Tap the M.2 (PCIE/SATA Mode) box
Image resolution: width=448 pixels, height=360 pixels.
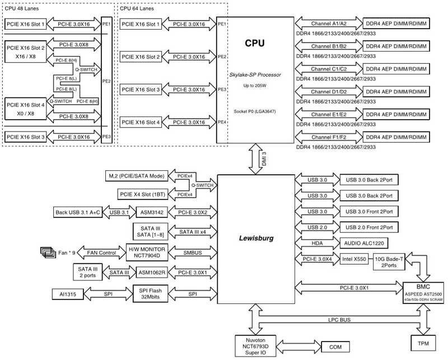(135, 176)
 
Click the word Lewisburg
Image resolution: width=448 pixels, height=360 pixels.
(255, 238)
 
